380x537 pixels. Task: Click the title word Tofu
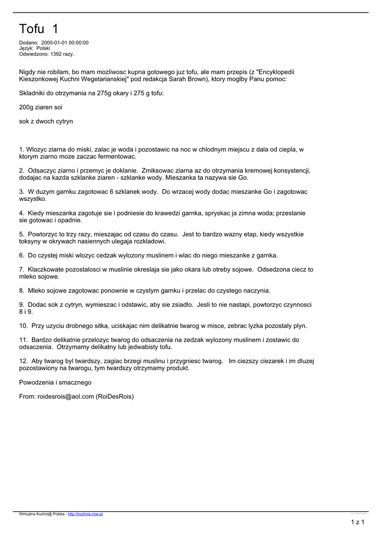32,28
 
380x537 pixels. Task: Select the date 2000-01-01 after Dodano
55,43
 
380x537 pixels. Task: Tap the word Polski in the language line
43,48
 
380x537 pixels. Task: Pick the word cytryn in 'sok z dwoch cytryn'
63,121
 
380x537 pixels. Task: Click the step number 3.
21,192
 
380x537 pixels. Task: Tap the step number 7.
21,270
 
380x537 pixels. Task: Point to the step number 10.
23,326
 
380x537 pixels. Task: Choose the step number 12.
23,361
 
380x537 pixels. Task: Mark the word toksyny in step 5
30,241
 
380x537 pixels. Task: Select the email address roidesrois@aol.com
64,396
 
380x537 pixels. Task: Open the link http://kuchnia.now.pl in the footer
85,514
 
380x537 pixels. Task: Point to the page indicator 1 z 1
357,522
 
